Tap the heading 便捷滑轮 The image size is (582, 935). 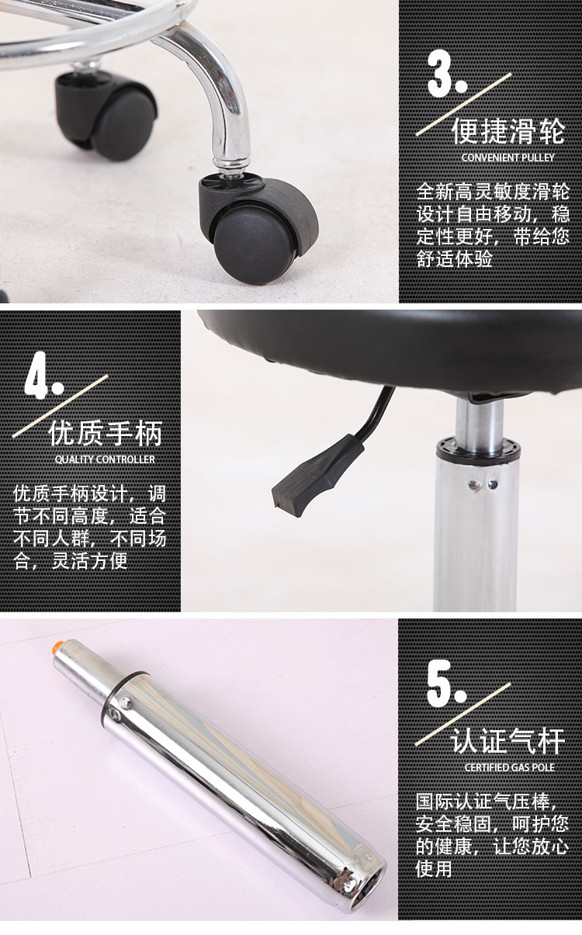(x=508, y=130)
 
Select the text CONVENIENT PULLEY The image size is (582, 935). (x=508, y=158)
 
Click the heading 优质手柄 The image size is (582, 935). (x=106, y=433)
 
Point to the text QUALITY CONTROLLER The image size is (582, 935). (x=105, y=459)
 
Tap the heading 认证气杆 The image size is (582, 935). (x=508, y=741)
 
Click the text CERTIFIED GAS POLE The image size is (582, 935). (x=509, y=767)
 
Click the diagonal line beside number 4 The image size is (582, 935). (x=60, y=406)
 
